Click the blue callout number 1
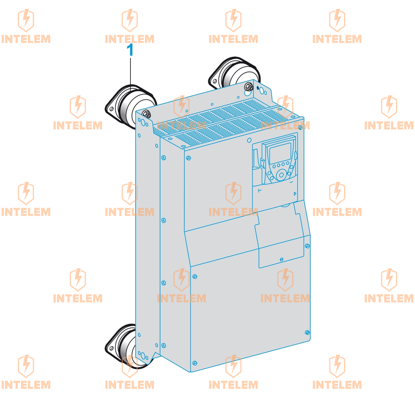point(130,50)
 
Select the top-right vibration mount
point(234,73)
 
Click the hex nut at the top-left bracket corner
point(147,114)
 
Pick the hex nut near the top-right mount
point(249,86)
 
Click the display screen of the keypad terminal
point(280,153)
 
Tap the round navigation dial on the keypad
point(281,175)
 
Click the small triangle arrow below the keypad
point(295,194)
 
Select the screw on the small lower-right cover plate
point(281,259)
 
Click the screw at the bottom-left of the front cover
point(195,363)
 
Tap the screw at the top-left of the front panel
point(188,158)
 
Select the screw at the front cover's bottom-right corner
point(307,332)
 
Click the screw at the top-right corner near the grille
point(300,128)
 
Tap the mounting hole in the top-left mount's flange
point(111,109)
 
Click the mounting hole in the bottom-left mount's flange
point(111,349)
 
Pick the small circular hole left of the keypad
point(249,140)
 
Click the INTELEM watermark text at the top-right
point(337,39)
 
